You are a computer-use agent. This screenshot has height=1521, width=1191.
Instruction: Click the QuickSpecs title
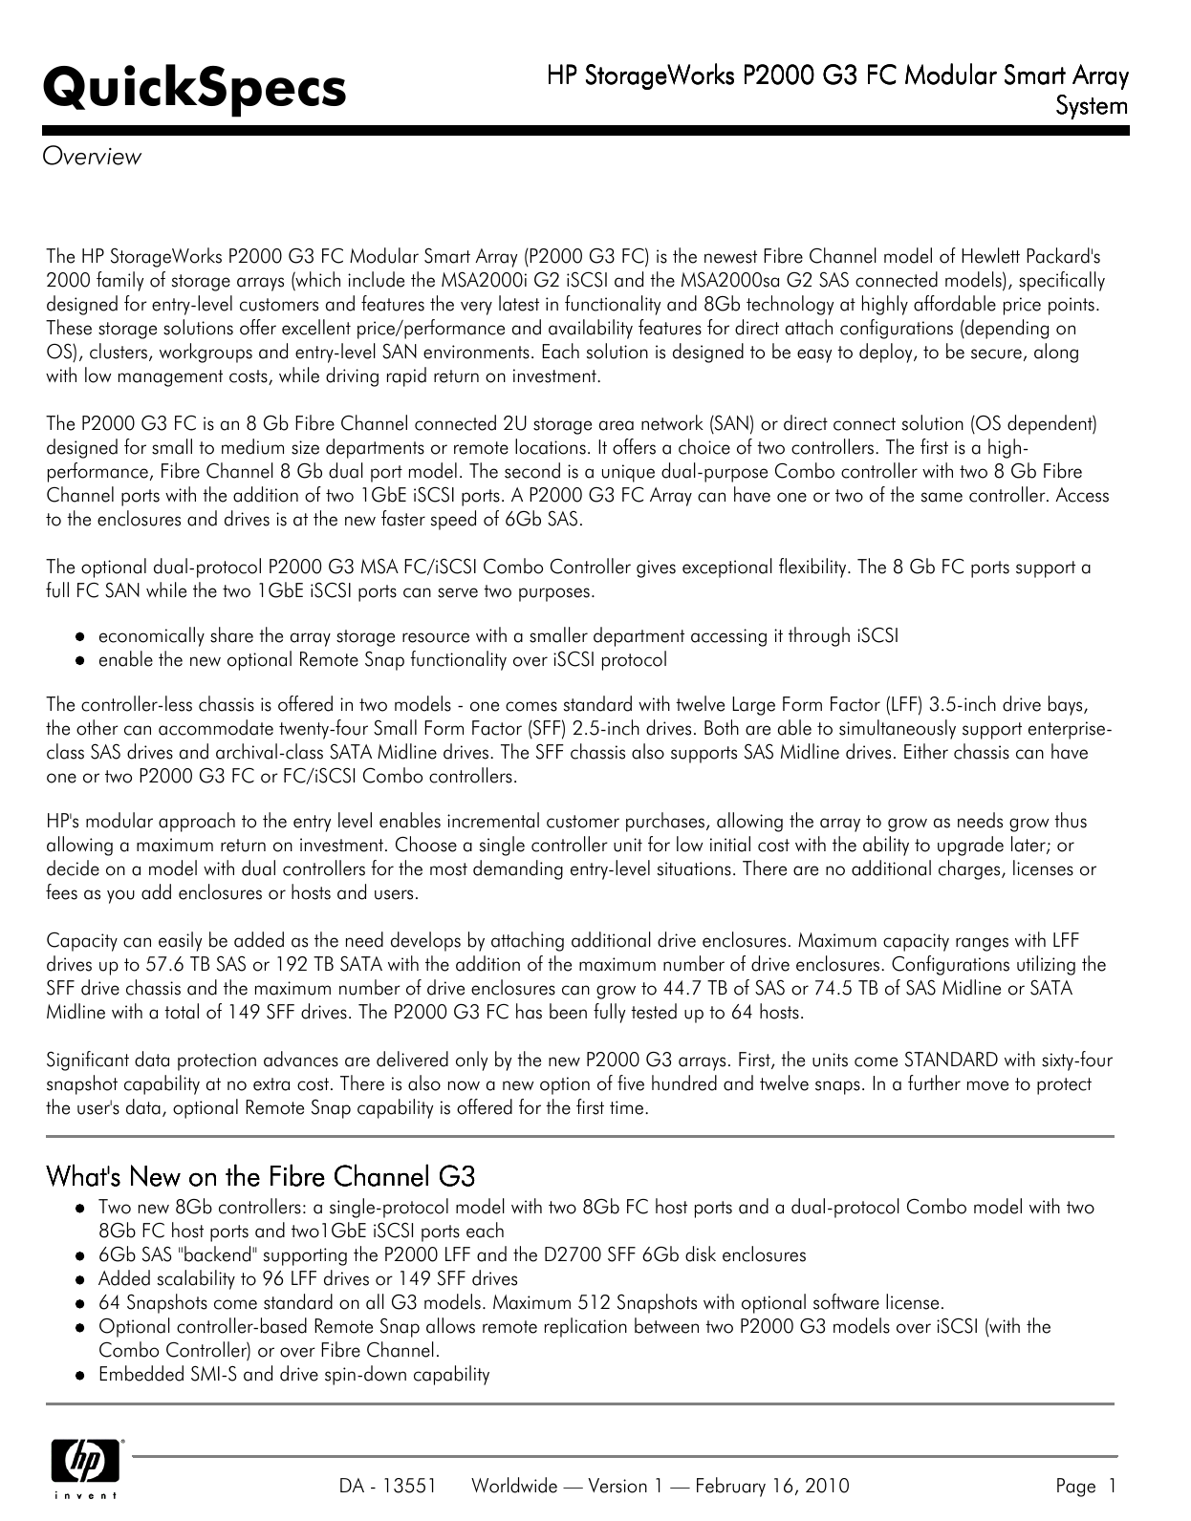195,89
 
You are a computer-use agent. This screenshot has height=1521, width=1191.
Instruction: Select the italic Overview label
93,157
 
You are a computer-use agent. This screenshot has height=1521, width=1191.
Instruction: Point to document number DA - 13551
388,1486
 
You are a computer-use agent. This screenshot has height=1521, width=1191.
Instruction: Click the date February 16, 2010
771,1486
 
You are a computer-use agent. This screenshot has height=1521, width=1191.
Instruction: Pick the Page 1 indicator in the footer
1086,1486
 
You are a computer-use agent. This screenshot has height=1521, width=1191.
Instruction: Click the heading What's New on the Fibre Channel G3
261,1175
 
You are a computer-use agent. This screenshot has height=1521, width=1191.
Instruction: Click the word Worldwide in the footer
514,1486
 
